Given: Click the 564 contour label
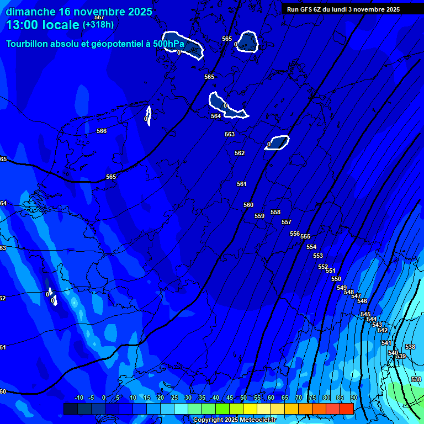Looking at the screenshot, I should pyautogui.click(x=216, y=116).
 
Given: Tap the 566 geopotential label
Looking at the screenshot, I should pyautogui.click(x=102, y=131).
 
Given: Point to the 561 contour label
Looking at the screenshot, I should pyautogui.click(x=242, y=184).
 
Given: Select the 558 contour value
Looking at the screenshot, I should pyautogui.click(x=275, y=212).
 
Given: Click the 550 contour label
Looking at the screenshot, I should pyautogui.click(x=336, y=279).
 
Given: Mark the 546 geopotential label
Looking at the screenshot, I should pyautogui.click(x=362, y=301).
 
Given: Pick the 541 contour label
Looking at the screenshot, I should pyautogui.click(x=386, y=343).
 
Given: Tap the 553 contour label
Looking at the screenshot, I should pyautogui.click(x=318, y=256).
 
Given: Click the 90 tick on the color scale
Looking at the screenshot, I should pyautogui.click(x=353, y=398).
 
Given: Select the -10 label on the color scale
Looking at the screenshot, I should pyautogui.click(x=78, y=398).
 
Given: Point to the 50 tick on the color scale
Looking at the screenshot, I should pyautogui.click(x=243, y=398).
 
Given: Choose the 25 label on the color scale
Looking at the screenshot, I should pyautogui.click(x=174, y=398).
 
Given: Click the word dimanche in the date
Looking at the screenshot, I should pyautogui.click(x=31, y=12).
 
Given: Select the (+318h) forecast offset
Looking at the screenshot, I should pyautogui.click(x=98, y=25).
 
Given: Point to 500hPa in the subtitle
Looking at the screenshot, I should pyautogui.click(x=168, y=44).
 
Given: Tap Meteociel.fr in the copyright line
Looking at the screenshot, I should pyautogui.click(x=256, y=420).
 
